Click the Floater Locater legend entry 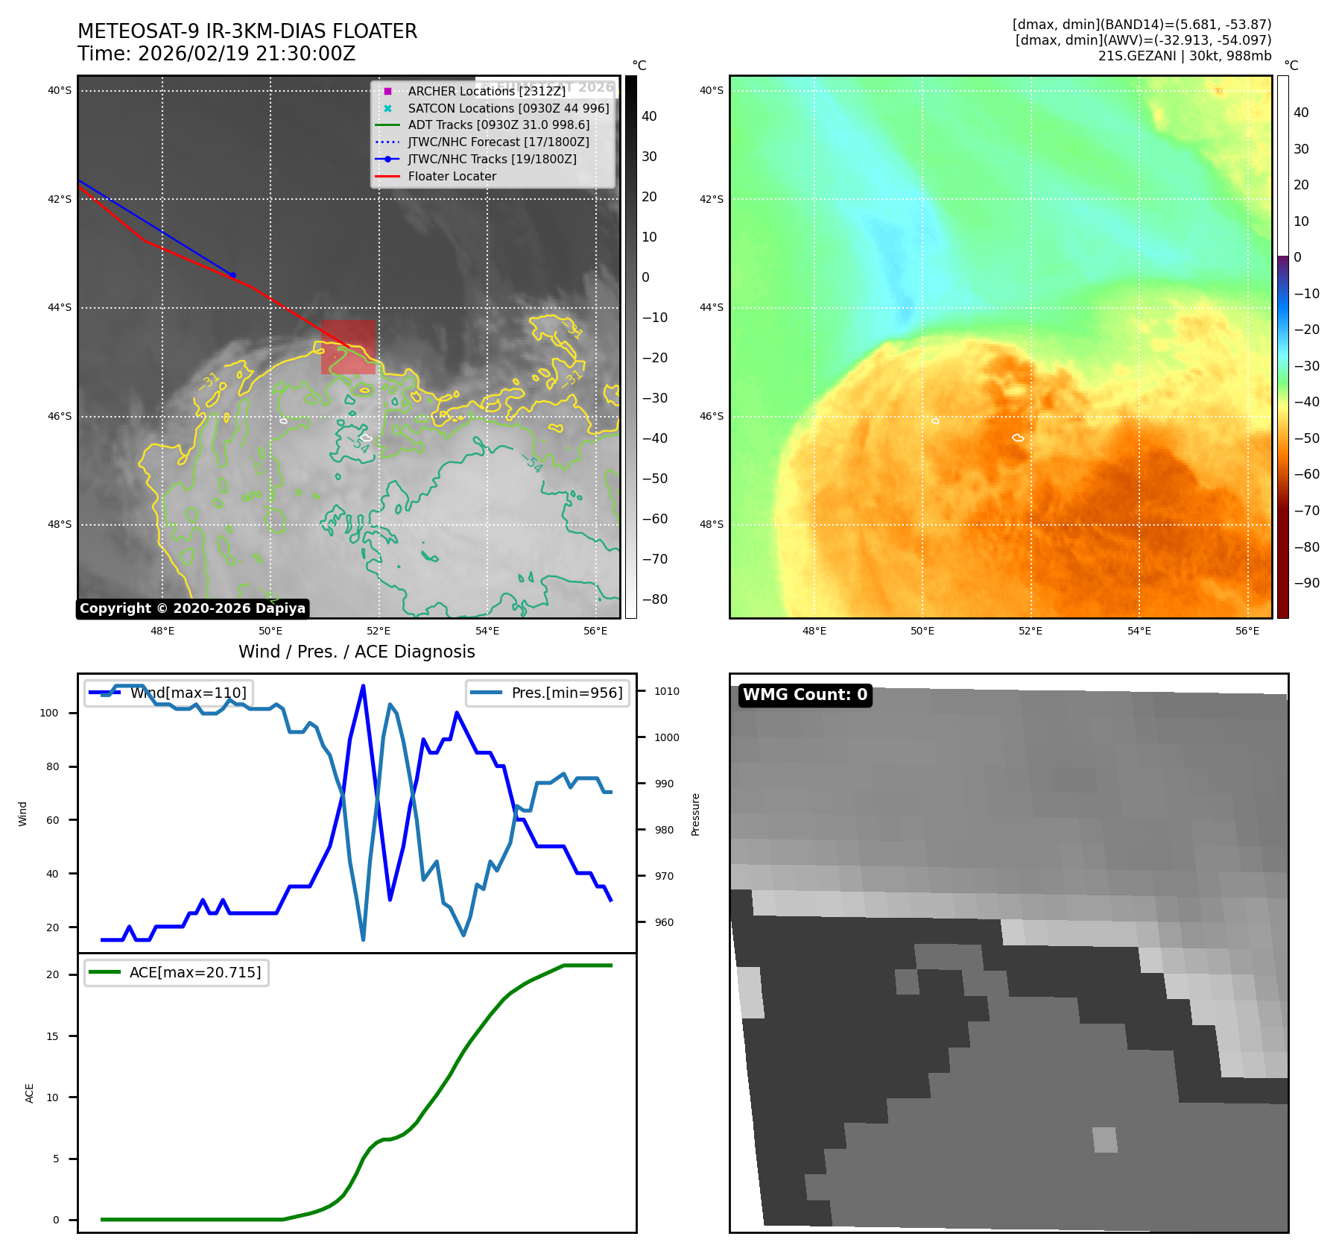[452, 177]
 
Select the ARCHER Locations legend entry [486, 91]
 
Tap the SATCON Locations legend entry [508, 108]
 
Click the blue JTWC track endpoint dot [232, 275]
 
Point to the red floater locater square [348, 347]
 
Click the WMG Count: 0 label [805, 695]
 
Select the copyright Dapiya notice [192, 608]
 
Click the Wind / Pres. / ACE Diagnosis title [356, 652]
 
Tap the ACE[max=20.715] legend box [177, 972]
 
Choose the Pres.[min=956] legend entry [548, 693]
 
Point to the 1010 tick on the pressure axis [667, 691]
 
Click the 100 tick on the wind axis [49, 713]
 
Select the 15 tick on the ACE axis [52, 1036]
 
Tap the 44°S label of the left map [60, 308]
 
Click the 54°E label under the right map [1139, 631]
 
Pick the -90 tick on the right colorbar [1307, 583]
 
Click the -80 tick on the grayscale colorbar [655, 599]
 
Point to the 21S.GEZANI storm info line [1184, 56]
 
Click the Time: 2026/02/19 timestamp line [217, 54]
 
